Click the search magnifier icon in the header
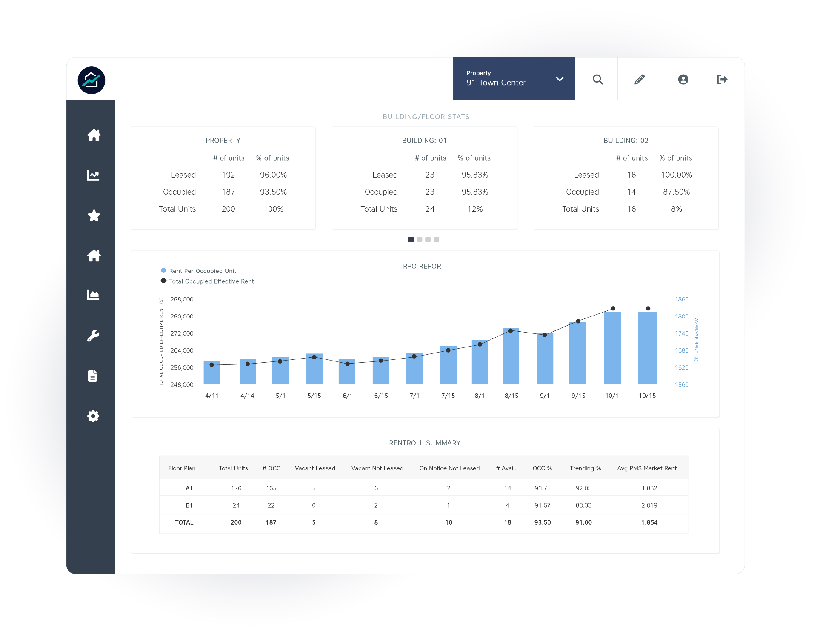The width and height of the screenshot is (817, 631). pos(597,80)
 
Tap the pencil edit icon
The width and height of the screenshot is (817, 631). pos(639,80)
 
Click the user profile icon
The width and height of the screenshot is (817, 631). pos(683,80)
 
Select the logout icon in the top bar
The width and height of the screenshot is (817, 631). pos(722,80)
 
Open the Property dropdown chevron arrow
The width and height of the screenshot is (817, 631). pos(560,79)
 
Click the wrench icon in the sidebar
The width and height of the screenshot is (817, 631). pos(93,336)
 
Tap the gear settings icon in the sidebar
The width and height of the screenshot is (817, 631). pos(93,416)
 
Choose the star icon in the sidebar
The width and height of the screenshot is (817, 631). pos(94,216)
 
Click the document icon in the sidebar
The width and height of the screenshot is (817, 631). pos(93,376)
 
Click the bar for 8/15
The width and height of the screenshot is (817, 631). pos(511,357)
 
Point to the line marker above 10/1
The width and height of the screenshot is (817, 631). pos(613,308)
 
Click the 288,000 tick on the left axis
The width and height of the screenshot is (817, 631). pos(182,299)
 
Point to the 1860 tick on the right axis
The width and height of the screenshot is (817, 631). pos(681,299)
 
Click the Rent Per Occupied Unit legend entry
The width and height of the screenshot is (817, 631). pos(202,271)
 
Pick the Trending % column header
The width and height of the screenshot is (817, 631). pos(585,468)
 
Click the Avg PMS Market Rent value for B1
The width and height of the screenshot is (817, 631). pos(649,505)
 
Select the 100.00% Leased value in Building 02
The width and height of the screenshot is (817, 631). pos(676,175)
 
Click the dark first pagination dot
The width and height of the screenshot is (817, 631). pos(411,240)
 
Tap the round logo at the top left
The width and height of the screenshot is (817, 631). pos(91,80)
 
